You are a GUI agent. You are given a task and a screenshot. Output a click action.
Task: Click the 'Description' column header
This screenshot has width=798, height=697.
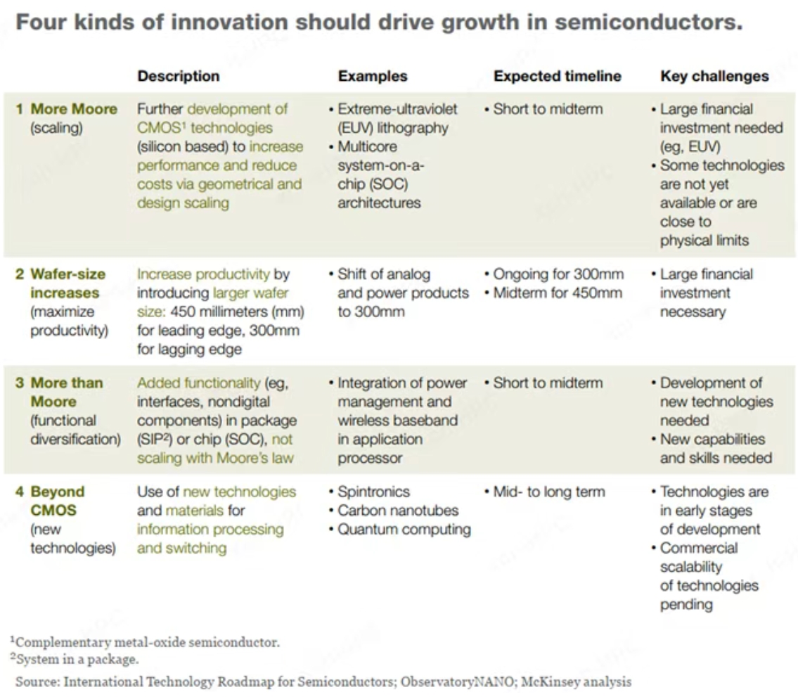click(178, 76)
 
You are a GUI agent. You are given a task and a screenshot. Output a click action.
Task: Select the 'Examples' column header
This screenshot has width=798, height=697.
click(373, 76)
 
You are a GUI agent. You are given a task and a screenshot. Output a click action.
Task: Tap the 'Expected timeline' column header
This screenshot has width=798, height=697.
click(557, 76)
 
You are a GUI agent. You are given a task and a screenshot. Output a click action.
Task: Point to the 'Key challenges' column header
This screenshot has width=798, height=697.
click(714, 76)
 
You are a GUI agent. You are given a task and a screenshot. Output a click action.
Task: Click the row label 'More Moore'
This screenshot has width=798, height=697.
click(74, 110)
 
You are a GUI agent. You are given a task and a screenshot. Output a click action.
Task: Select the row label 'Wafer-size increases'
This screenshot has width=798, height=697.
click(67, 283)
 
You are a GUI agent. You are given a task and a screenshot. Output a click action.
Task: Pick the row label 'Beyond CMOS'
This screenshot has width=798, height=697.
click(57, 501)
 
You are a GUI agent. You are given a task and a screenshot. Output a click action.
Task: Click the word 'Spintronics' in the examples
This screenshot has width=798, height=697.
click(373, 492)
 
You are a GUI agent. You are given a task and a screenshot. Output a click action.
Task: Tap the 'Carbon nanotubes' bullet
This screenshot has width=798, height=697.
click(398, 511)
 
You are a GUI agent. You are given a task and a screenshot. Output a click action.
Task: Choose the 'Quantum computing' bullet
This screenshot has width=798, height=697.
click(404, 529)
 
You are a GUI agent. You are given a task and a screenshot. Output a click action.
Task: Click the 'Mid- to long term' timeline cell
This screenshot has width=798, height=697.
click(549, 492)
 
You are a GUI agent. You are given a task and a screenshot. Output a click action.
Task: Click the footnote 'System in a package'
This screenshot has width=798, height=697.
click(77, 659)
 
